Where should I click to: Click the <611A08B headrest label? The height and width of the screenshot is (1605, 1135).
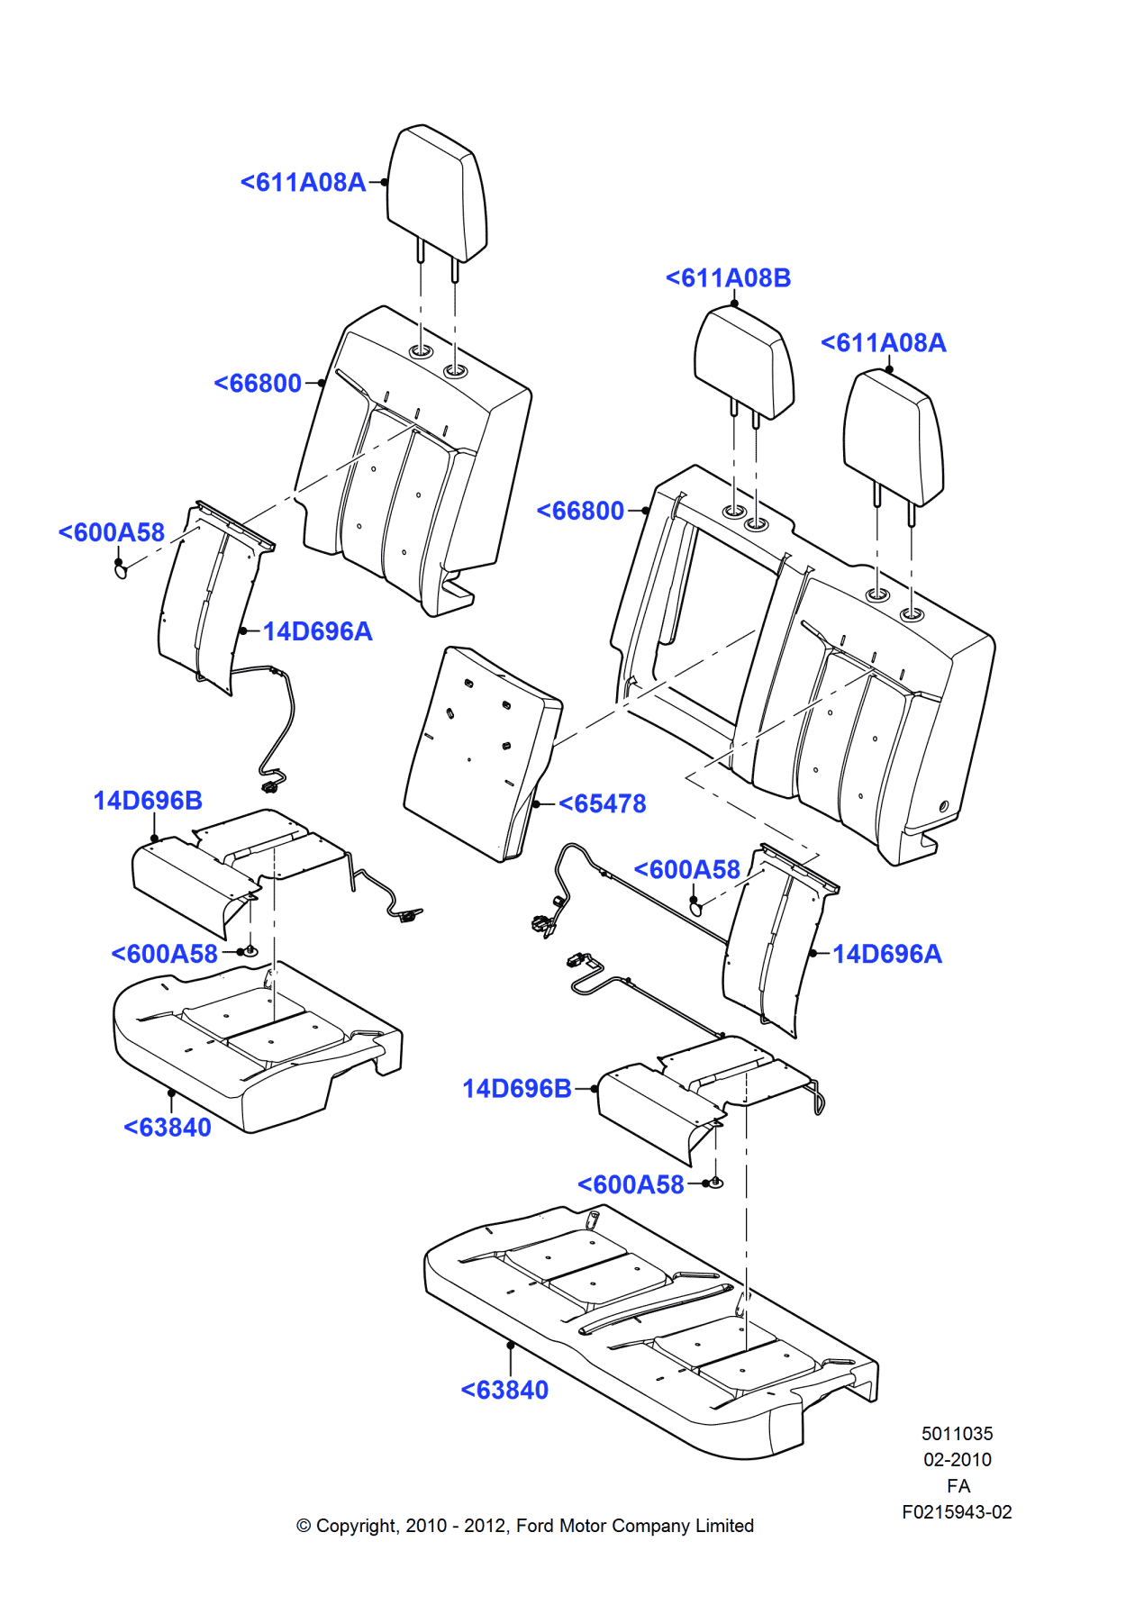[x=728, y=277]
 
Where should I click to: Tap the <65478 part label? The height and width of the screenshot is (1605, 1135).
[x=602, y=803]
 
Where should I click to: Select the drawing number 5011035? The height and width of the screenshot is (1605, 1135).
[x=957, y=1433]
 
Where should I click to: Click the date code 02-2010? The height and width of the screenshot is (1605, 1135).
[x=957, y=1459]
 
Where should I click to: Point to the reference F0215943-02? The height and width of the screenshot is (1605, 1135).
[x=957, y=1512]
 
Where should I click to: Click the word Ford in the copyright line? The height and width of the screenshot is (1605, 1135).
[x=534, y=1526]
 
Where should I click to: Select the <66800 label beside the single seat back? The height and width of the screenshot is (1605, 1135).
[x=258, y=383]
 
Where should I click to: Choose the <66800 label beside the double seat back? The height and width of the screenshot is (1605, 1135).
[x=580, y=511]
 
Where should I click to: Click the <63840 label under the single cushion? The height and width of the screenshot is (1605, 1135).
[x=168, y=1127]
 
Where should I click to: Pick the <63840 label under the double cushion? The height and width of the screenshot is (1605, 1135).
[x=504, y=1390]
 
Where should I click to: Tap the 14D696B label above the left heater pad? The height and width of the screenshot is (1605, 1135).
[x=148, y=800]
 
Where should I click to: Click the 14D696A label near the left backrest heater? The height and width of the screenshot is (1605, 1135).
[x=317, y=630]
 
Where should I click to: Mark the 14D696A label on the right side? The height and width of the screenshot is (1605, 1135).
[x=886, y=954]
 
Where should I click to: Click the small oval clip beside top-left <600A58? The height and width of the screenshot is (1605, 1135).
[x=121, y=569]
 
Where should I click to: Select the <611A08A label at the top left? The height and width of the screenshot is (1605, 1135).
[x=303, y=182]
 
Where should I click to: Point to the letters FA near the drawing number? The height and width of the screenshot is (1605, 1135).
[x=958, y=1486]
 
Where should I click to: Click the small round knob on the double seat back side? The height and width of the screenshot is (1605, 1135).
[x=944, y=806]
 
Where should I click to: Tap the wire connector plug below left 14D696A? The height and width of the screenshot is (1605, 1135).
[x=268, y=787]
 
